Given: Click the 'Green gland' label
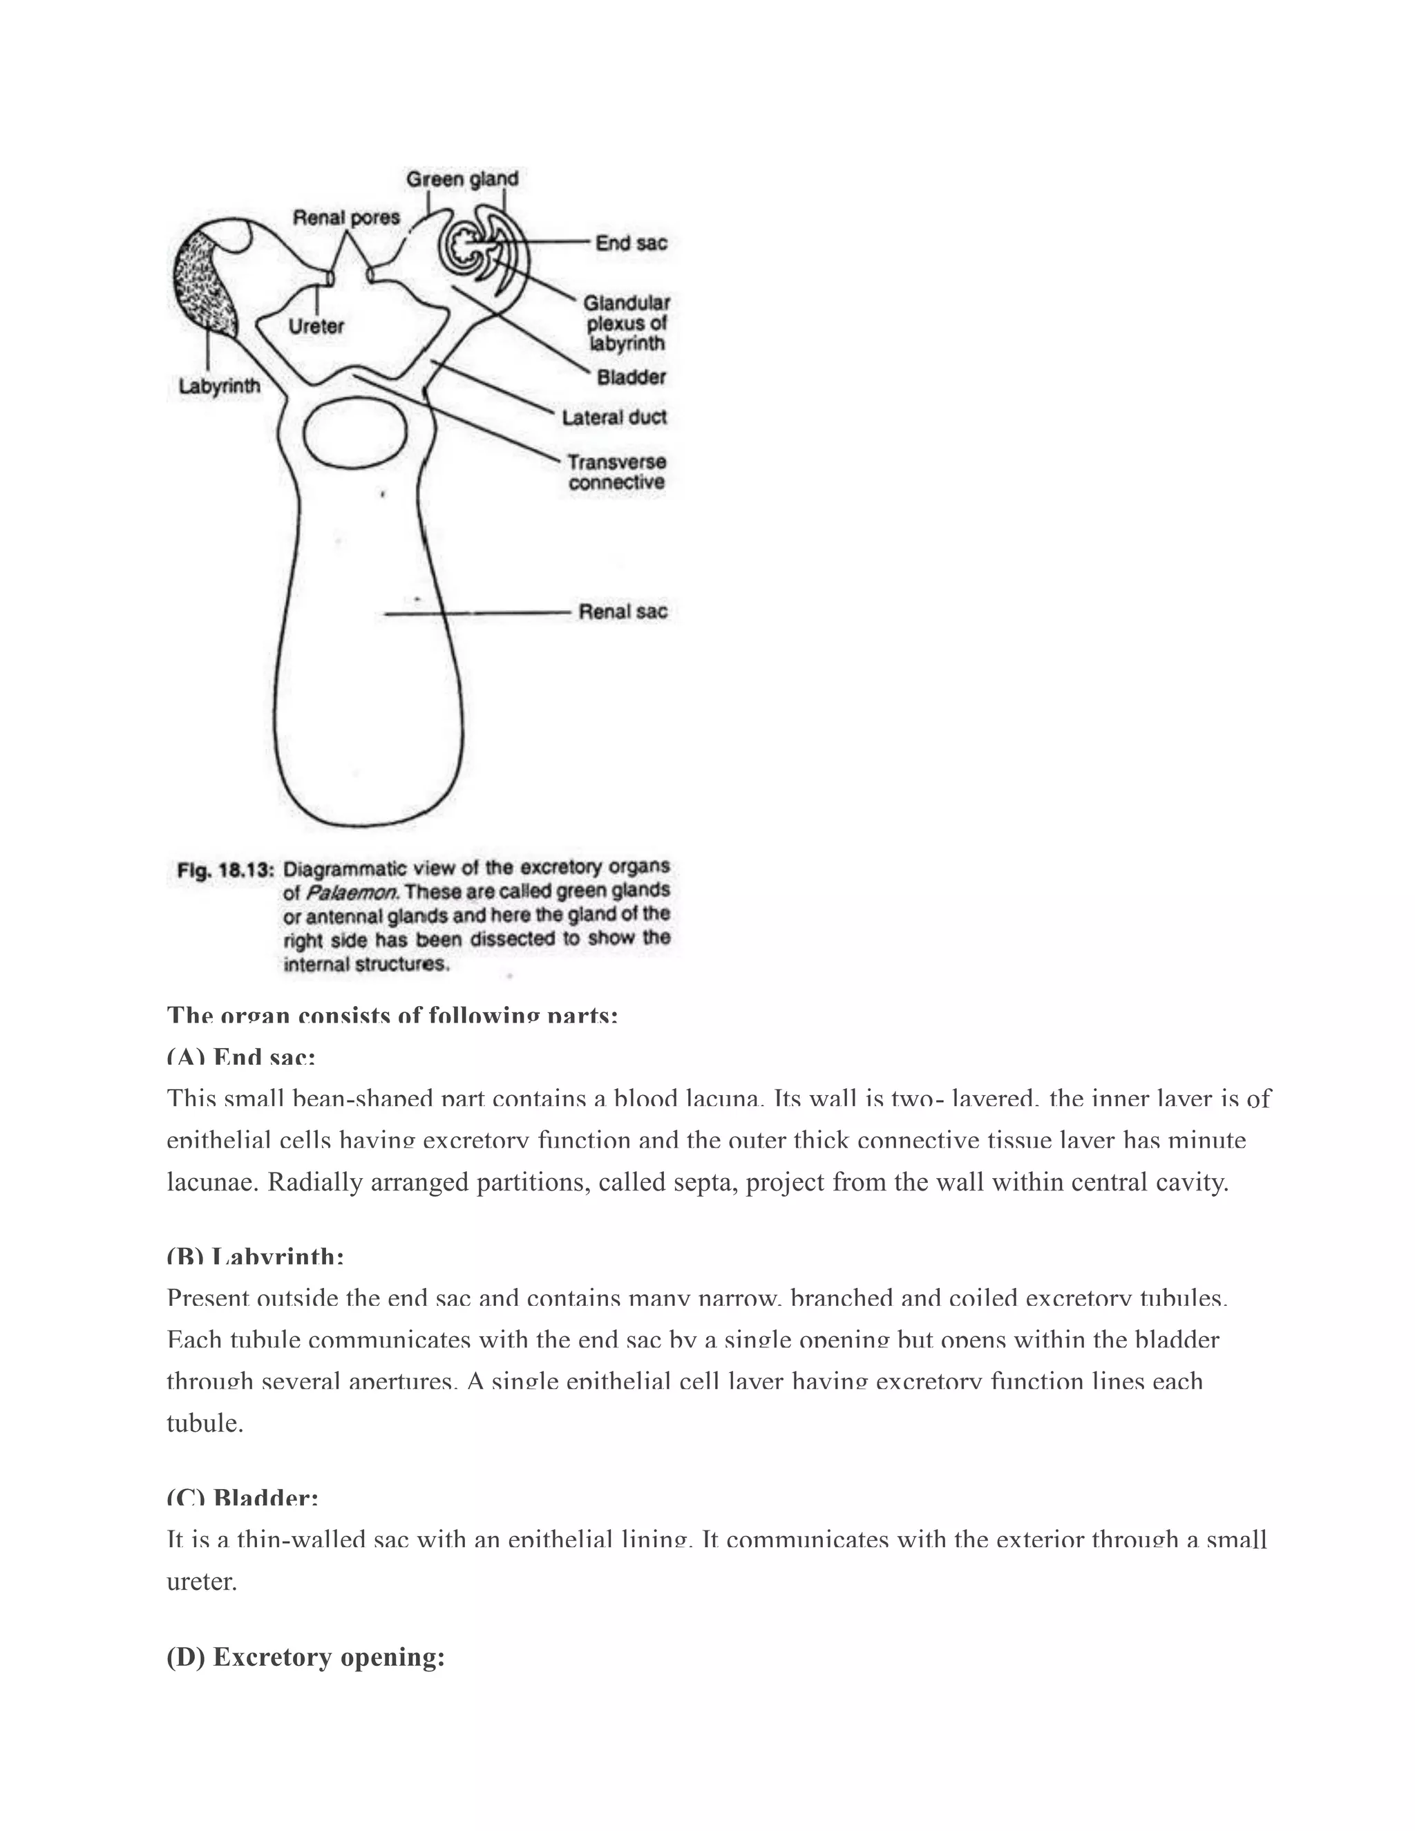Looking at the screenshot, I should [x=462, y=178].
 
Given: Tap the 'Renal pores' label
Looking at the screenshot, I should [x=346, y=218].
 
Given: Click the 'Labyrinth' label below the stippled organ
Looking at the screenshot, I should [x=220, y=386].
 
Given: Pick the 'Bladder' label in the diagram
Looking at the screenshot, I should [x=631, y=377].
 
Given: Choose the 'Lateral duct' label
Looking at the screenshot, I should [x=614, y=417].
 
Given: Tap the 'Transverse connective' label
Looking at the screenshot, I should [x=616, y=472].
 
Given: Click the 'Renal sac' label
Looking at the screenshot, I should [x=623, y=611].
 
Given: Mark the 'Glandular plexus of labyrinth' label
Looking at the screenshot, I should [x=626, y=323].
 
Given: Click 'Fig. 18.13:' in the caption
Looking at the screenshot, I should [x=225, y=870].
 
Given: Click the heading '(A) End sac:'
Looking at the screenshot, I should [x=240, y=1057].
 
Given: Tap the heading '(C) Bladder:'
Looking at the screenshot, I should [x=243, y=1497].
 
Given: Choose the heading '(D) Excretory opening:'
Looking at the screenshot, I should [x=305, y=1657].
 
